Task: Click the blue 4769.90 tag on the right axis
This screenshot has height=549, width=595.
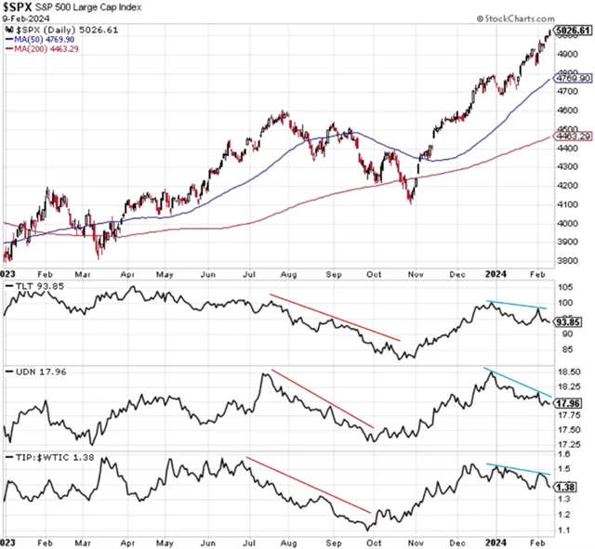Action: pos(572,81)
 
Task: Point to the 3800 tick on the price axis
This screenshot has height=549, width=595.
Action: pos(567,261)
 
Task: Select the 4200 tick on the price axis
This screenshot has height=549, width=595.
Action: pos(567,185)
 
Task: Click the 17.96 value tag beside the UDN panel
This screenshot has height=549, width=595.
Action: pos(569,403)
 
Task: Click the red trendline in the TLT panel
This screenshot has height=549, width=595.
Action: pos(335,318)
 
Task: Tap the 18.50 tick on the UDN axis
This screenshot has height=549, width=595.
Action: pos(569,371)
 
